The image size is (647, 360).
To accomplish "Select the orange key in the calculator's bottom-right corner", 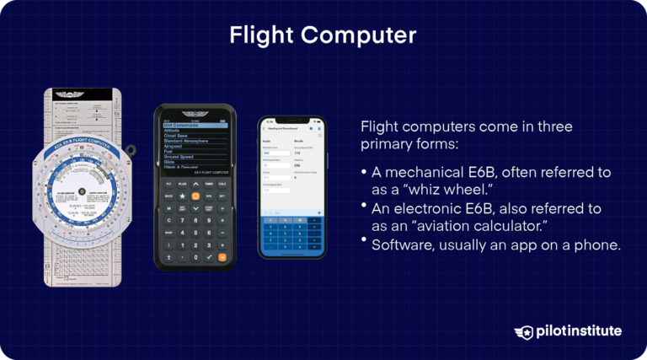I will click(x=222, y=256).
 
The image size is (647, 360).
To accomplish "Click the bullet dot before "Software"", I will click(x=363, y=243).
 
